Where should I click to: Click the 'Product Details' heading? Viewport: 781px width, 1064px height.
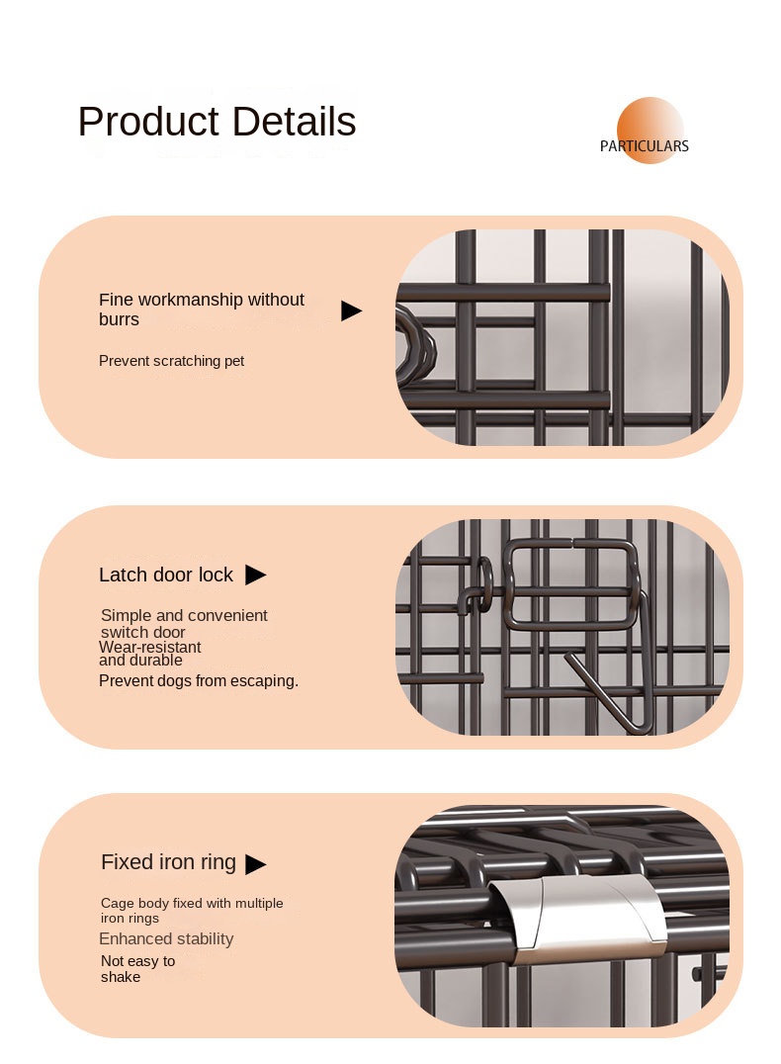pos(217,122)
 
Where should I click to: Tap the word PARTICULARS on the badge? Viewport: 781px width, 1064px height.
pos(644,146)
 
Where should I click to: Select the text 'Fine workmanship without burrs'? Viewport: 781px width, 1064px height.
pos(202,310)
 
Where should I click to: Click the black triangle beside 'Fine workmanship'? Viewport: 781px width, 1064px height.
pos(352,310)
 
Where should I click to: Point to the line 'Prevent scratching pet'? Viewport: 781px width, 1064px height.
pos(172,361)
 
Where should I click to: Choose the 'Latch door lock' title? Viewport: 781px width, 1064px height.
pos(165,575)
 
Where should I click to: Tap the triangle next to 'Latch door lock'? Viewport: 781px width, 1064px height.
pos(256,575)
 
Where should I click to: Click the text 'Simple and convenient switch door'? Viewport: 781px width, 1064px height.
pos(184,624)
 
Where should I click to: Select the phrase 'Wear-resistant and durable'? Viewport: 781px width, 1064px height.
pos(150,654)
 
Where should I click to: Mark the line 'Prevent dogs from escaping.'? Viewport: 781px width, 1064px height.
pos(199,680)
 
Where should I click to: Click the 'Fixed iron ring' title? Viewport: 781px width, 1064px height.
pos(168,862)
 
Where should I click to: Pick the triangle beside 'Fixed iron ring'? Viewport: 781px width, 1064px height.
pos(256,864)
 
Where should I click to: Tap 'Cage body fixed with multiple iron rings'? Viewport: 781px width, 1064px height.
pos(192,911)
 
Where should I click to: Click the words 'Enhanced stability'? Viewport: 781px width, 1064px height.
pos(166,939)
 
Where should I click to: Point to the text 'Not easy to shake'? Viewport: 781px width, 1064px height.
pos(137,969)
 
